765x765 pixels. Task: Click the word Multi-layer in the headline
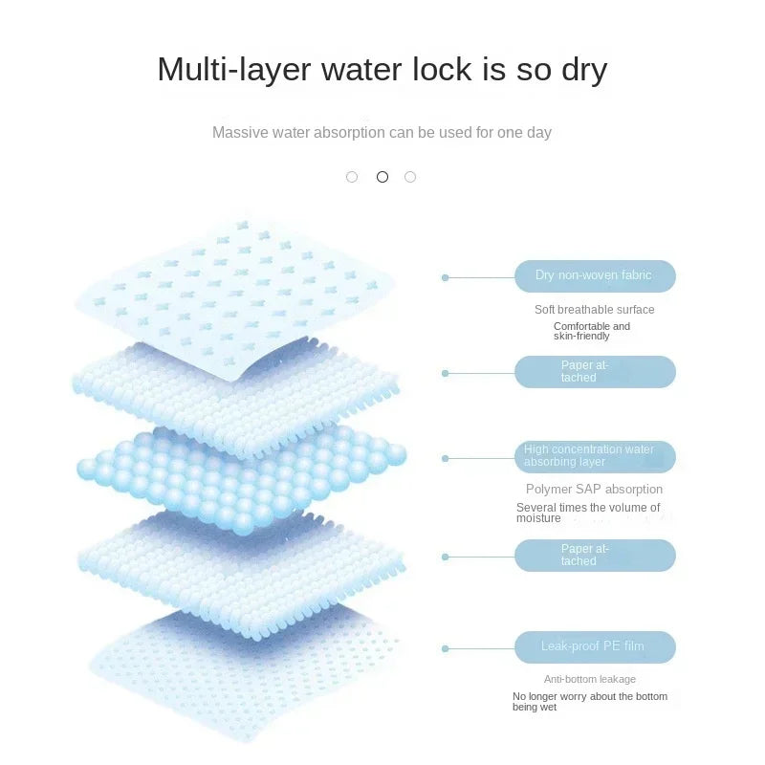pos(234,70)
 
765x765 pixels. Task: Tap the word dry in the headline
pos(584,70)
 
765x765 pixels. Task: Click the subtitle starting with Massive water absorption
pos(382,133)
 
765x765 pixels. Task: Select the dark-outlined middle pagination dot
pos(382,177)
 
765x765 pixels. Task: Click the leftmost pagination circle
pos(352,177)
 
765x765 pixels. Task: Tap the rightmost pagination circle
pos(410,177)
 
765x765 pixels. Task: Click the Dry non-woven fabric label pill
pos(595,276)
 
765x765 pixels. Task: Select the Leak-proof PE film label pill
pos(595,647)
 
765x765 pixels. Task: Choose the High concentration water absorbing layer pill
pos(595,457)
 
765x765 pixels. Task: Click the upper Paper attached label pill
pos(595,372)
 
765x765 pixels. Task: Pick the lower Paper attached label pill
pos(595,556)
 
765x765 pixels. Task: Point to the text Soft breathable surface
pos(594,310)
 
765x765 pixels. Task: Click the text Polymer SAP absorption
pos(594,490)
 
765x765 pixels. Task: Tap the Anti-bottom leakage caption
pos(590,679)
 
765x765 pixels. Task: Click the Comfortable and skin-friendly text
pos(592,331)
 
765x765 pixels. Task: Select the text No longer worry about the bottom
pos(590,697)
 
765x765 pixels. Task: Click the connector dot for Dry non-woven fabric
pos(445,277)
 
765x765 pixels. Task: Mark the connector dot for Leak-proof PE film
pos(445,648)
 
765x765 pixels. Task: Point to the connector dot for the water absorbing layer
pos(445,458)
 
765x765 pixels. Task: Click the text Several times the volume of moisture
pos(588,513)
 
